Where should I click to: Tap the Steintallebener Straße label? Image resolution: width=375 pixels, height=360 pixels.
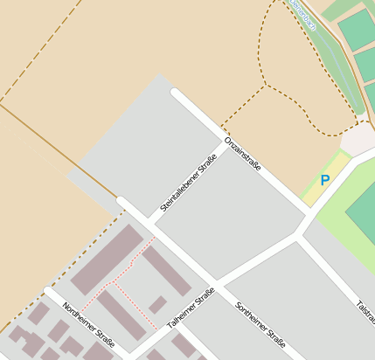pos(188,183)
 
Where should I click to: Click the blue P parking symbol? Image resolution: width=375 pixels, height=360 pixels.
pos(325,181)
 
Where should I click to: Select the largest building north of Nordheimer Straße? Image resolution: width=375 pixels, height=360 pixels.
pos(107,260)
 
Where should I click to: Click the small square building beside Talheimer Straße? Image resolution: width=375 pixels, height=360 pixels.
pos(157,305)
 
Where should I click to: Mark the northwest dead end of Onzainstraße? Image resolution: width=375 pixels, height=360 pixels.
pos(176,92)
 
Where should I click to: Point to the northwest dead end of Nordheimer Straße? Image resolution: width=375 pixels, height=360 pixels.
pos(49,291)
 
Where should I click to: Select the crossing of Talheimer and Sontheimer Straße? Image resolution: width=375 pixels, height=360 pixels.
pos(216,284)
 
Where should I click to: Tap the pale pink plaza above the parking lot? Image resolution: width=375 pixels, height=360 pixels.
pos(358,139)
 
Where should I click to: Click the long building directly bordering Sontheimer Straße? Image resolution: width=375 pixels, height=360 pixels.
pos(166,271)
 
